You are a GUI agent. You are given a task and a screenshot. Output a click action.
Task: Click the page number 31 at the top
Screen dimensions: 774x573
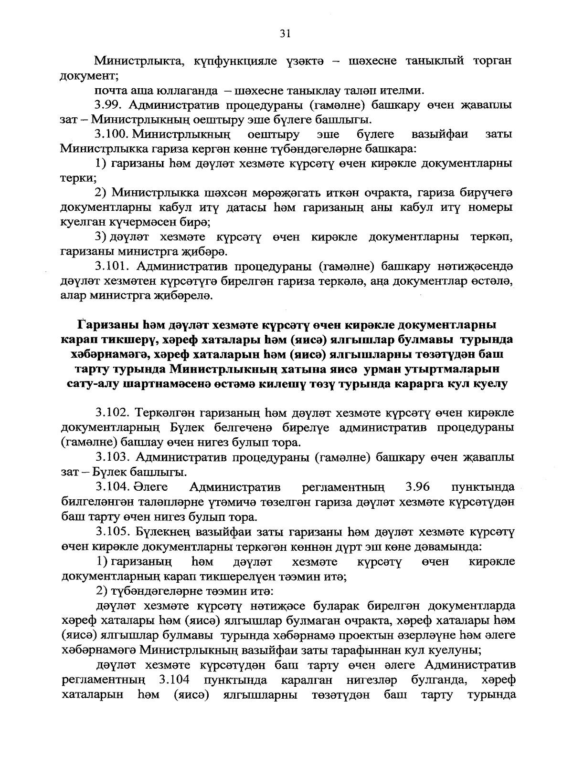285,33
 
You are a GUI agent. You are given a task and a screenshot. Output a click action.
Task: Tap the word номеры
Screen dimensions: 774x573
489,208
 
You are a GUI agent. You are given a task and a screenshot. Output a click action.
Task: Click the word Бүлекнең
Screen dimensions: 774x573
163,531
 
